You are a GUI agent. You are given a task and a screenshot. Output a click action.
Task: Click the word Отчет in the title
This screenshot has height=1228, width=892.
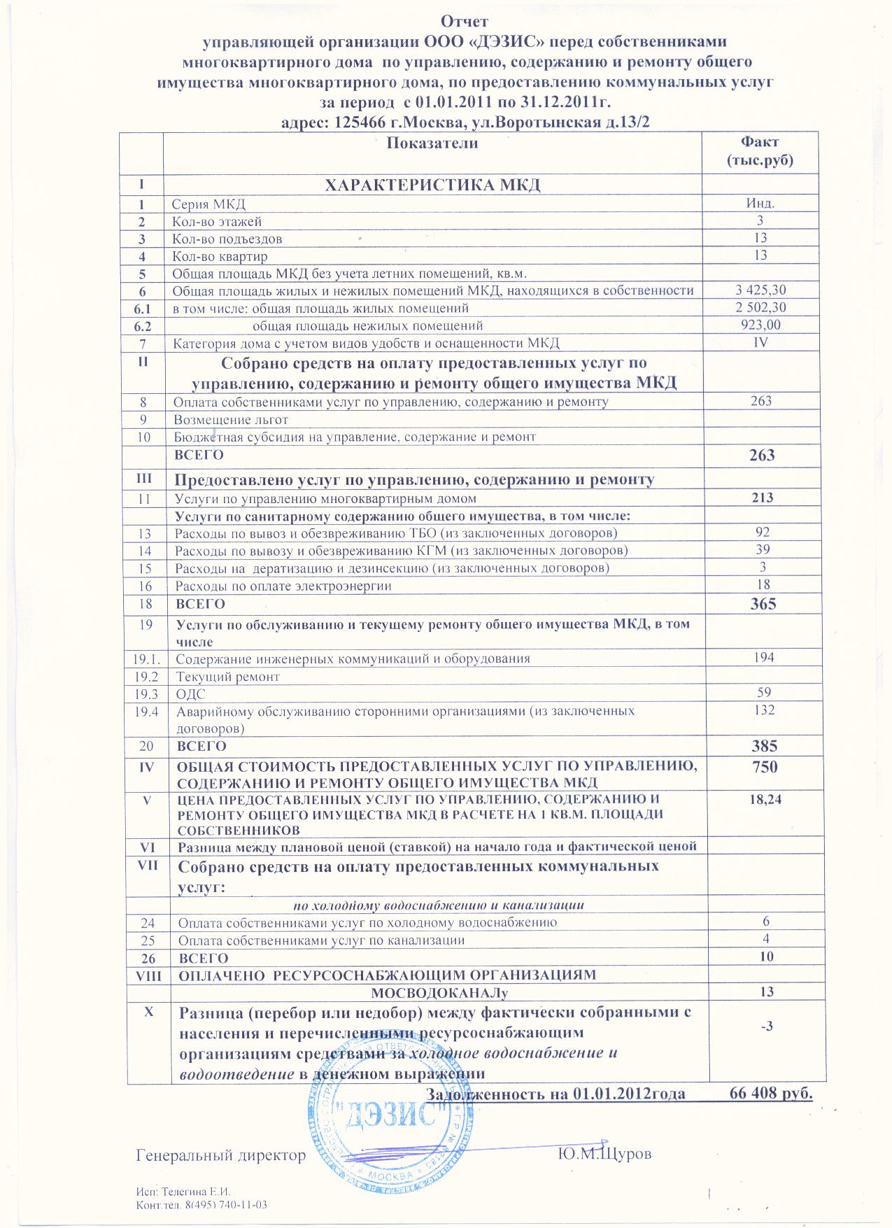point(464,22)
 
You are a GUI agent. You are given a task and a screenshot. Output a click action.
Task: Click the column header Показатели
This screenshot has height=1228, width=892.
point(432,143)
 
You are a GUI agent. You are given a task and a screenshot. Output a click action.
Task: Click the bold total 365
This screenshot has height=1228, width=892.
point(762,603)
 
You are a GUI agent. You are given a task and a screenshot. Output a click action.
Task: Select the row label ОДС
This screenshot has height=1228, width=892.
point(190,694)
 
